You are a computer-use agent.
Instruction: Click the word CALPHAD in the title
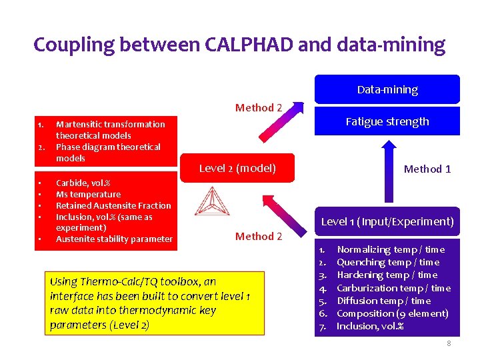(240, 45)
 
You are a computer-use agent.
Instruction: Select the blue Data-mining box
(387, 89)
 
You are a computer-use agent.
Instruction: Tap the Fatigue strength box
(387, 121)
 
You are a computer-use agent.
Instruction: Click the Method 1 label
(427, 169)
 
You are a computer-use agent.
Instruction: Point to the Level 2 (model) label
(237, 168)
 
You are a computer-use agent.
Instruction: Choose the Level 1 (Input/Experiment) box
(387, 221)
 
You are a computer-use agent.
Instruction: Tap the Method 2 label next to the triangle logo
(259, 236)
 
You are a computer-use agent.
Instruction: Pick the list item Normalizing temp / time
(390, 249)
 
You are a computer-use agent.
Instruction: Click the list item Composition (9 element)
(393, 313)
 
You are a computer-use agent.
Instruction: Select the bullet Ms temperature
(88, 194)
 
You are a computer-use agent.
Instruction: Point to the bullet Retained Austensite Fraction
(113, 205)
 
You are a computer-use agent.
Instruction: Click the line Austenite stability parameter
(114, 239)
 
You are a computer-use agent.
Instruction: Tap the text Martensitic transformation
(111, 124)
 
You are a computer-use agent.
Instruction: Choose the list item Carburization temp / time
(393, 288)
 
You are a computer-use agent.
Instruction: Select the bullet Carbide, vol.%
(83, 183)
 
